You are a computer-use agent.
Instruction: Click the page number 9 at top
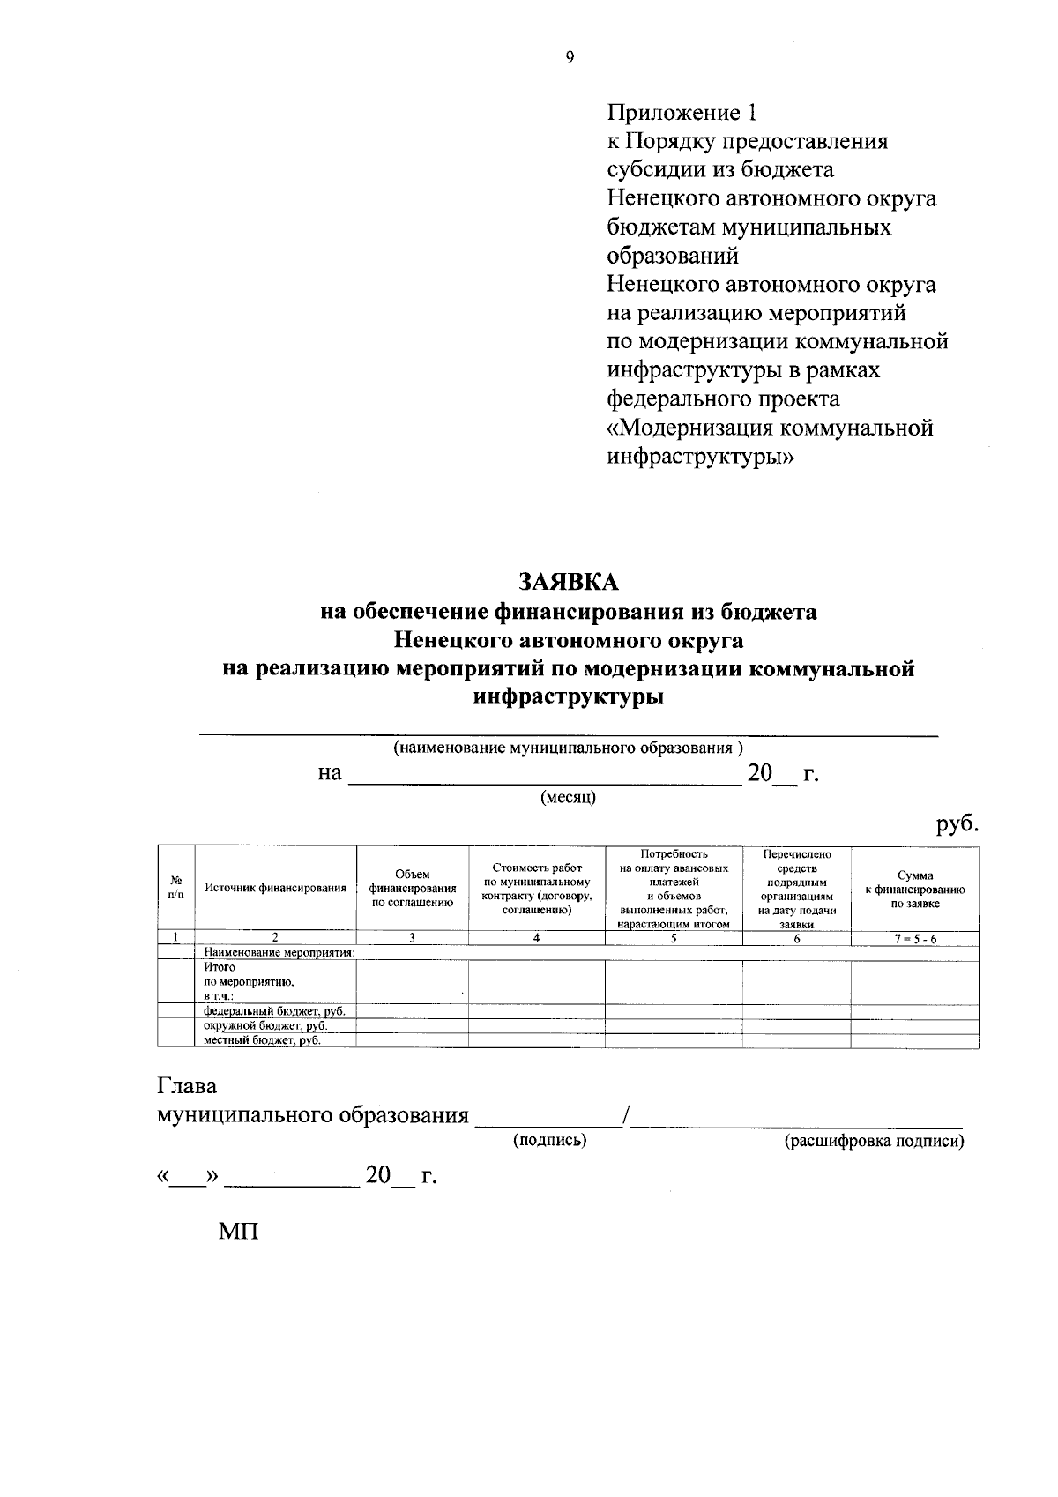[570, 57]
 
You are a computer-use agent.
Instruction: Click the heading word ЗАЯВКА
[569, 582]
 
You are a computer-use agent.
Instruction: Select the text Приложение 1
[682, 113]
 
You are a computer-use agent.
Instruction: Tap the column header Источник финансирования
[275, 888]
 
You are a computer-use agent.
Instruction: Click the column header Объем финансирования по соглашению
[412, 888]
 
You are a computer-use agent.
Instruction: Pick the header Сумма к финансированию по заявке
[914, 890]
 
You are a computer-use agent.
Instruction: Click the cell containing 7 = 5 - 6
[914, 939]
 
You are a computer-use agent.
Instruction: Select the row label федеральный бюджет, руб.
[273, 1011]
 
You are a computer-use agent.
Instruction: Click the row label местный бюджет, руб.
[262, 1040]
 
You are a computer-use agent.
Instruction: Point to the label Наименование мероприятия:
[279, 952]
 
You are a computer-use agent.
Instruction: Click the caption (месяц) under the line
[569, 798]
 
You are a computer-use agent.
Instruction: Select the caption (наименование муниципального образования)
[569, 748]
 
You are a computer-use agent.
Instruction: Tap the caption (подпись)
[550, 1141]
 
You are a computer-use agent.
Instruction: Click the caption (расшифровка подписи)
[874, 1142]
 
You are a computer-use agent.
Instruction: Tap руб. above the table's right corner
[957, 824]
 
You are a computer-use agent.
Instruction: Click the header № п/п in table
[175, 888]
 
